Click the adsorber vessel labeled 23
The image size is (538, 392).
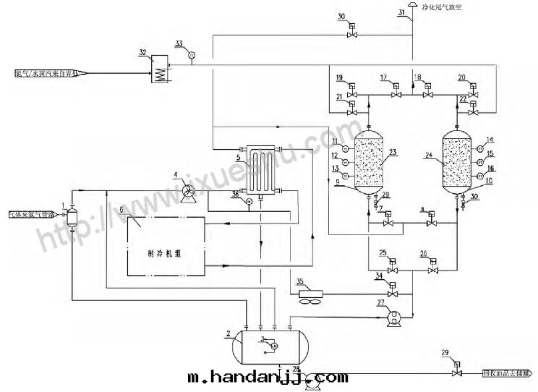click(370, 161)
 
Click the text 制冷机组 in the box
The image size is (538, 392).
click(166, 255)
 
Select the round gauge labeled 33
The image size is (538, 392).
click(192, 54)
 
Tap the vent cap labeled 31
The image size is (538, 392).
click(411, 5)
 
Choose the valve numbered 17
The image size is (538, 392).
click(396, 95)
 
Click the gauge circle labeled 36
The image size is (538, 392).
click(248, 202)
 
